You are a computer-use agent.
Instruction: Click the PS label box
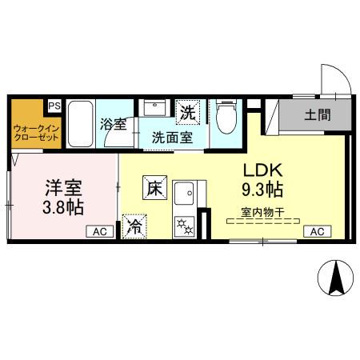tap(54, 106)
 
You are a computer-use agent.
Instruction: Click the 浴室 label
tap(113, 125)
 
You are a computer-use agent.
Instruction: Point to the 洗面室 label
tap(171, 136)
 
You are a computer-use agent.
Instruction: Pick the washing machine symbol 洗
tap(187, 113)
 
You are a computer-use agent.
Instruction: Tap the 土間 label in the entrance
tap(317, 114)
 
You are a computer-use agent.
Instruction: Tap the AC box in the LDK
tap(316, 231)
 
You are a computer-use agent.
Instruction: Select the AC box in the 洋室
tap(100, 231)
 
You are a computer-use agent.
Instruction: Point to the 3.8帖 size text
tap(64, 207)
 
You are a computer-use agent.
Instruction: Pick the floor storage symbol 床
tap(154, 188)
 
